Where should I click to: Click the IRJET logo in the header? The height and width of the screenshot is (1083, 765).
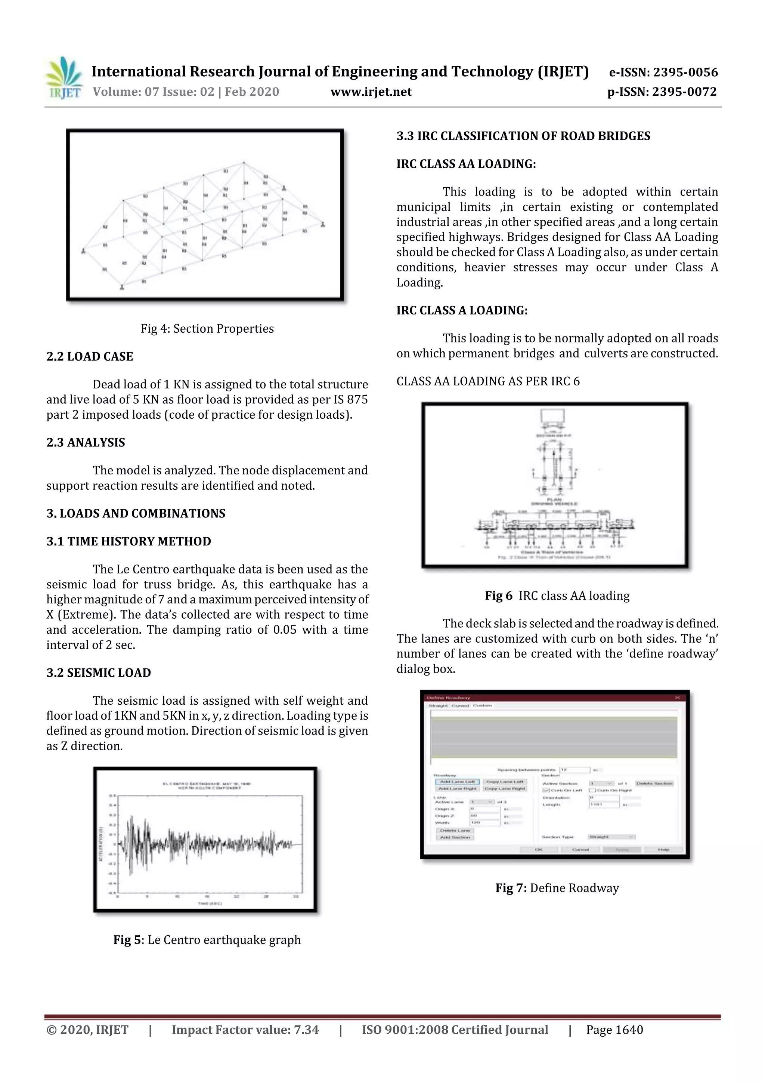click(64, 78)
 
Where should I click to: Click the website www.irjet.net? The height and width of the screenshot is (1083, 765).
click(371, 92)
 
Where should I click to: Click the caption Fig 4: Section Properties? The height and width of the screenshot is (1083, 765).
click(207, 329)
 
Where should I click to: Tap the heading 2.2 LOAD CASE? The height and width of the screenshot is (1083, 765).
click(90, 357)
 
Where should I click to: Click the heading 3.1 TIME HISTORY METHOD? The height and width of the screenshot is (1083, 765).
click(128, 541)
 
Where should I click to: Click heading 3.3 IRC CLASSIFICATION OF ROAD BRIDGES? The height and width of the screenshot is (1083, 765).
click(523, 136)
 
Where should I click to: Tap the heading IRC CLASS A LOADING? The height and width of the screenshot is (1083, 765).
click(462, 310)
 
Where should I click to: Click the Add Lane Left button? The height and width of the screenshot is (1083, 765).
click(457, 782)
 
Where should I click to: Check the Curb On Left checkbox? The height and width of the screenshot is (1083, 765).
click(546, 791)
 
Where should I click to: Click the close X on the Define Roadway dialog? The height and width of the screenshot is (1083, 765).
click(677, 698)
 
